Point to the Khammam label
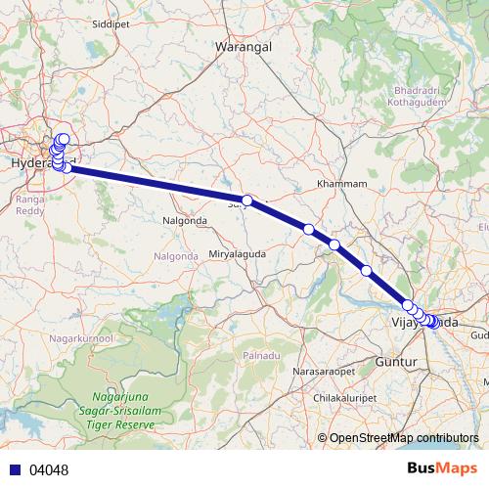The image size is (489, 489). click(x=342, y=184)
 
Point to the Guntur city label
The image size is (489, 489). click(x=396, y=362)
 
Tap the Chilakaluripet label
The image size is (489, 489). click(x=346, y=399)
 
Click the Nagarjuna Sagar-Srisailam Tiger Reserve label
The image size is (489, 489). click(x=122, y=411)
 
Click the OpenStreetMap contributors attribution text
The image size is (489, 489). click(x=404, y=438)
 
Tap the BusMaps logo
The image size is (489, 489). click(x=441, y=469)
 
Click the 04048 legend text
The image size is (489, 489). click(x=49, y=470)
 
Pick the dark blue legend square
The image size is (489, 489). click(x=16, y=470)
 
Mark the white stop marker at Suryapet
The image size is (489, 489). click(x=247, y=200)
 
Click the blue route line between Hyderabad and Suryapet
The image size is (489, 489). click(x=156, y=184)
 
